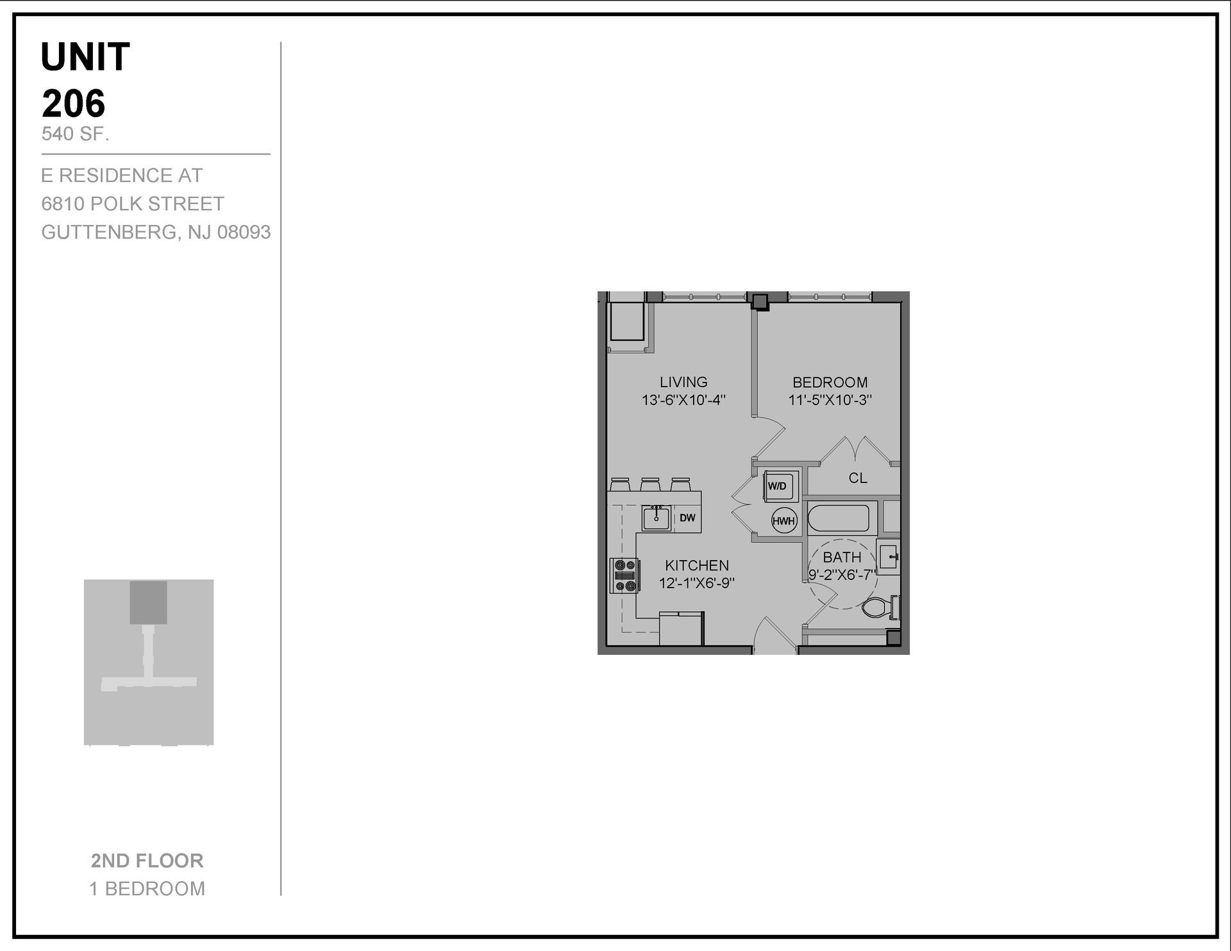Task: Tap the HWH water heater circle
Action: [783, 521]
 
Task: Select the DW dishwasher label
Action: [687, 518]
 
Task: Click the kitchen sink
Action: [656, 517]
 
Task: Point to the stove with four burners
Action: [624, 575]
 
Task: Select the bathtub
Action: [838, 518]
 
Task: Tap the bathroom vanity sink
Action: [889, 557]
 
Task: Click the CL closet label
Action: [858, 478]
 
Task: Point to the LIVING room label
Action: [683, 382]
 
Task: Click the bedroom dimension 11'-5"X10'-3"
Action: [830, 401]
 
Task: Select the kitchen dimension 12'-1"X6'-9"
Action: [697, 583]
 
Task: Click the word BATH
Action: [842, 558]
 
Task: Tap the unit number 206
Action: [74, 103]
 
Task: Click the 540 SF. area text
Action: [75, 134]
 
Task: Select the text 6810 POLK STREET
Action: [133, 204]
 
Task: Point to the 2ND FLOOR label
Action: [147, 861]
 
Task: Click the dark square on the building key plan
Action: [148, 602]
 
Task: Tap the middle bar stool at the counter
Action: [650, 484]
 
